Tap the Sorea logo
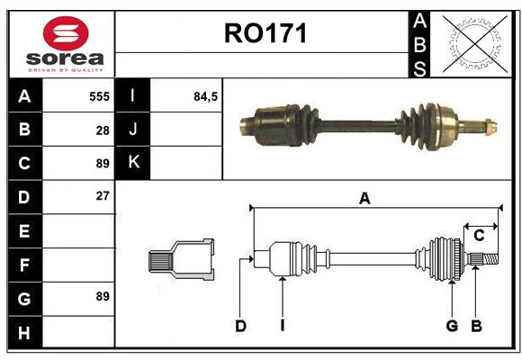pos(66,46)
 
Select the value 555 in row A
pos(99,95)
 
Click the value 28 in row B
pos(102,130)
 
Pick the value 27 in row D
pos(102,195)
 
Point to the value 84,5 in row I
pos(206,95)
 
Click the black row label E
pos(24,231)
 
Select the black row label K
pos(133,163)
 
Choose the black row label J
pos(133,130)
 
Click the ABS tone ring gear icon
pos(472,43)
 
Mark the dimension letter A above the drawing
pos(364,199)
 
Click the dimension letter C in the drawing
pos(479,236)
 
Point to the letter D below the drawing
pos(240,326)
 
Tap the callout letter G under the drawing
pos(452,326)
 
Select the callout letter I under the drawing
pos(282,326)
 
